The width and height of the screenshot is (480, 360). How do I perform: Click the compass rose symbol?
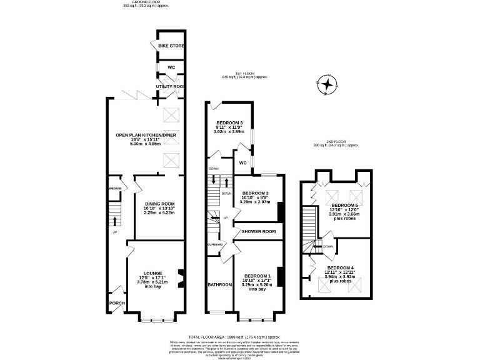(x=326, y=82)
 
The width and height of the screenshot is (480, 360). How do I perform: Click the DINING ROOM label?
(x=159, y=204)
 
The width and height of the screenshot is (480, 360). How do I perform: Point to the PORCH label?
(x=117, y=303)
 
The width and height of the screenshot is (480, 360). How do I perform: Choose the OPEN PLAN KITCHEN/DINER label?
(x=145, y=135)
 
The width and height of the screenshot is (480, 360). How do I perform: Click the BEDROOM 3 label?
(x=229, y=122)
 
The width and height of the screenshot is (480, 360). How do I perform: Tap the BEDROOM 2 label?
(x=255, y=193)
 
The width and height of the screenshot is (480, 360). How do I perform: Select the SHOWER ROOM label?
(x=259, y=231)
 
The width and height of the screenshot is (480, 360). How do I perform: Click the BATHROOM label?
(x=220, y=284)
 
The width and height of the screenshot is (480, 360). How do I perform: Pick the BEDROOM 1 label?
(x=257, y=276)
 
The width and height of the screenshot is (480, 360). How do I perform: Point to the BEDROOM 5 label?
(x=345, y=205)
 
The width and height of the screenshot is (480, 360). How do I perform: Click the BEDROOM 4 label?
(x=341, y=267)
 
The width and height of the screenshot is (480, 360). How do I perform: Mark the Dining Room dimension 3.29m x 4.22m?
(x=159, y=213)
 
